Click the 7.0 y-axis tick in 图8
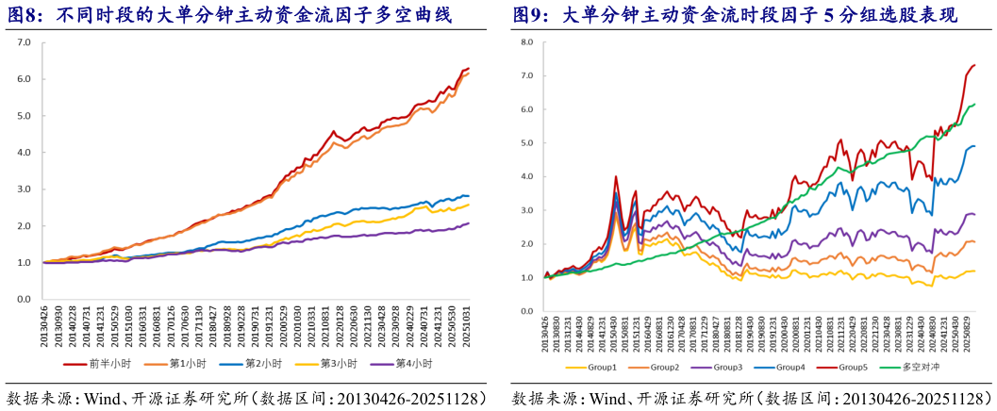click(x=24, y=42)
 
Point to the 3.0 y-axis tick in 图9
click(x=529, y=209)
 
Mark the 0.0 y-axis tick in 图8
click(x=24, y=300)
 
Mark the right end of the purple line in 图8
click(x=469, y=223)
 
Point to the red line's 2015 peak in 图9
click(x=616, y=176)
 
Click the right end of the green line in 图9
click(x=974, y=105)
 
